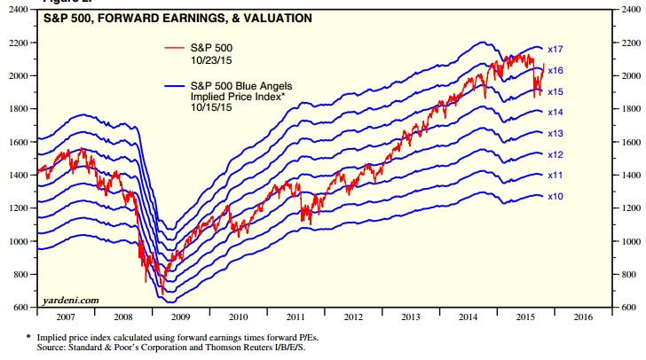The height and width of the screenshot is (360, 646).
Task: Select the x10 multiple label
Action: pyautogui.click(x=556, y=196)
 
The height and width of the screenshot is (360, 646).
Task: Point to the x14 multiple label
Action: pyautogui.click(x=556, y=113)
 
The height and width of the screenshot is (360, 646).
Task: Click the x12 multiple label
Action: pyautogui.click(x=556, y=154)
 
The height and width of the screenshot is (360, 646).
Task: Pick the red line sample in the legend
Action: pyautogui.click(x=177, y=46)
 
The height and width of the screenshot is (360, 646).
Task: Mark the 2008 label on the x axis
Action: pyautogui.click(x=122, y=316)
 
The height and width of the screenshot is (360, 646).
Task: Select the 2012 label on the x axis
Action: pyautogui.click(x=353, y=316)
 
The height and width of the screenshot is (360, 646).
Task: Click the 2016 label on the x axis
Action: pyautogui.click(x=583, y=316)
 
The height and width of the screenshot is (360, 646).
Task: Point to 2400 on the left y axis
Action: pyautogui.click(x=20, y=10)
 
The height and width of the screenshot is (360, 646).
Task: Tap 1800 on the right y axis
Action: pyautogui.click(x=627, y=109)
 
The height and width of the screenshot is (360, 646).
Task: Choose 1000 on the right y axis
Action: pyautogui.click(x=627, y=241)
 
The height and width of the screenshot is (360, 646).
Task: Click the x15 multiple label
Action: pyautogui.click(x=556, y=91)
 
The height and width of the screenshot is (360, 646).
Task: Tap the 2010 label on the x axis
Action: pyautogui.click(x=238, y=316)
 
